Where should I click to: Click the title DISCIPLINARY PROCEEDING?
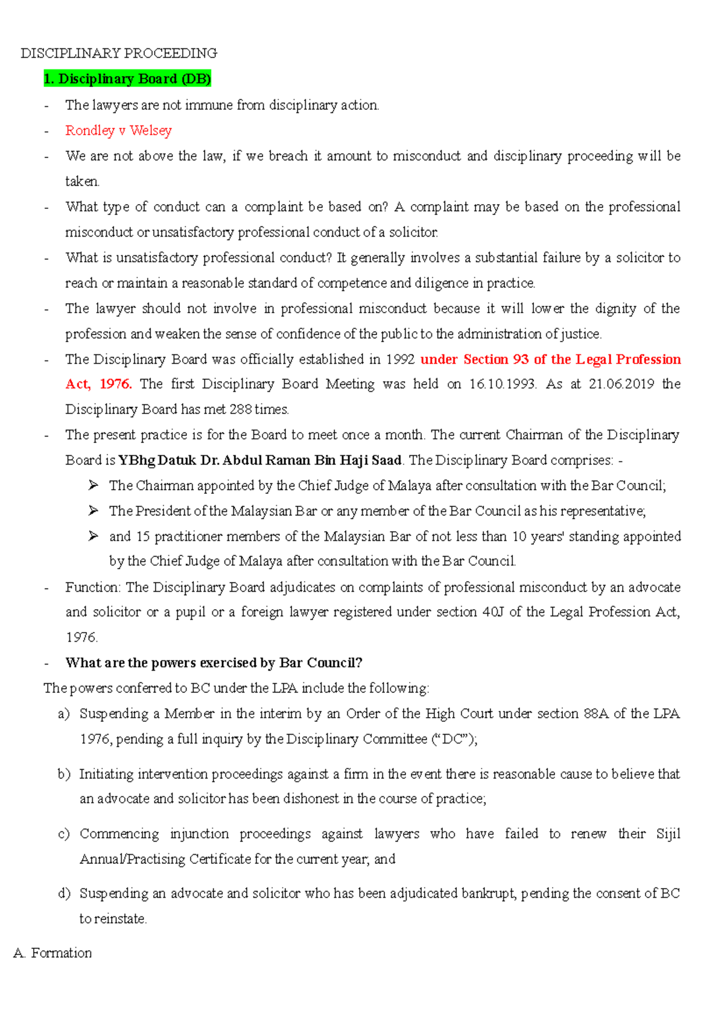[x=119, y=53]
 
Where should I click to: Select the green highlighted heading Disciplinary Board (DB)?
[x=127, y=79]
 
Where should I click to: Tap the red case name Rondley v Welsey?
[x=118, y=130]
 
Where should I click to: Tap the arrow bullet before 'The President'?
[x=93, y=511]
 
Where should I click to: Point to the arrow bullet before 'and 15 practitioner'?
[x=93, y=536]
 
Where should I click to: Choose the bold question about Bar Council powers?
[x=214, y=663]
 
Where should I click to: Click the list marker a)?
[x=64, y=714]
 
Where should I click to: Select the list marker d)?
[x=64, y=893]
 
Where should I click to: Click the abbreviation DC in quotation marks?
[x=453, y=739]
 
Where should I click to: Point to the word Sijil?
[x=668, y=834]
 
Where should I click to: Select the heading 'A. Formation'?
[x=52, y=953]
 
